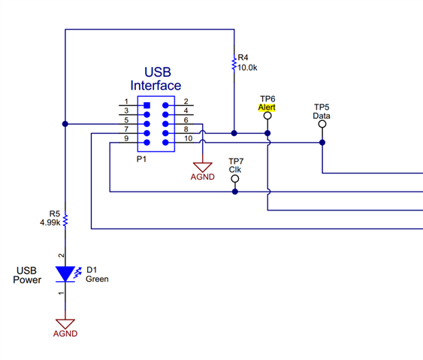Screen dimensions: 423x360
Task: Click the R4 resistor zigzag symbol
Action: tap(234, 64)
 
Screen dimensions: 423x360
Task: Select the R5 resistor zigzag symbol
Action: tap(65, 221)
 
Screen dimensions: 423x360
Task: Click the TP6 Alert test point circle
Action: tap(267, 116)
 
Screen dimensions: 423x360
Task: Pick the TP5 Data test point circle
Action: tap(322, 124)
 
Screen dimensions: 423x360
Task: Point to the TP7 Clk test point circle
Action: tap(235, 179)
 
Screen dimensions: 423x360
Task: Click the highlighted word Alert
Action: tap(267, 107)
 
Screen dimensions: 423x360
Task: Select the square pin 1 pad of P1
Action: tap(147, 105)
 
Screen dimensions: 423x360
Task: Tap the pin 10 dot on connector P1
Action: tap(165, 143)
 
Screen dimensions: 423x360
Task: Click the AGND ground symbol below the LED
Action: tap(65, 324)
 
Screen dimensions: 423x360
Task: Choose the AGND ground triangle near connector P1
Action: tap(203, 168)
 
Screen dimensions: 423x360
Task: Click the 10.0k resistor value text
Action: tap(247, 68)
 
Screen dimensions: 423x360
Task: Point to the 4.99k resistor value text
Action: tap(50, 222)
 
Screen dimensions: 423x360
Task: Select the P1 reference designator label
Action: tap(141, 159)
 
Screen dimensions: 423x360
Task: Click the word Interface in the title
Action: tap(156, 86)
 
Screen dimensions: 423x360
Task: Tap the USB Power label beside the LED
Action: tap(27, 275)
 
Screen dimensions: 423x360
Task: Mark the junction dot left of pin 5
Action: tap(65, 124)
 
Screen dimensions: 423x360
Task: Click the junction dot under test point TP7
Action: tap(235, 192)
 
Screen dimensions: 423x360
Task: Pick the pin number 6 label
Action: tap(186, 119)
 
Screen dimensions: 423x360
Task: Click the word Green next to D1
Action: tap(97, 279)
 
